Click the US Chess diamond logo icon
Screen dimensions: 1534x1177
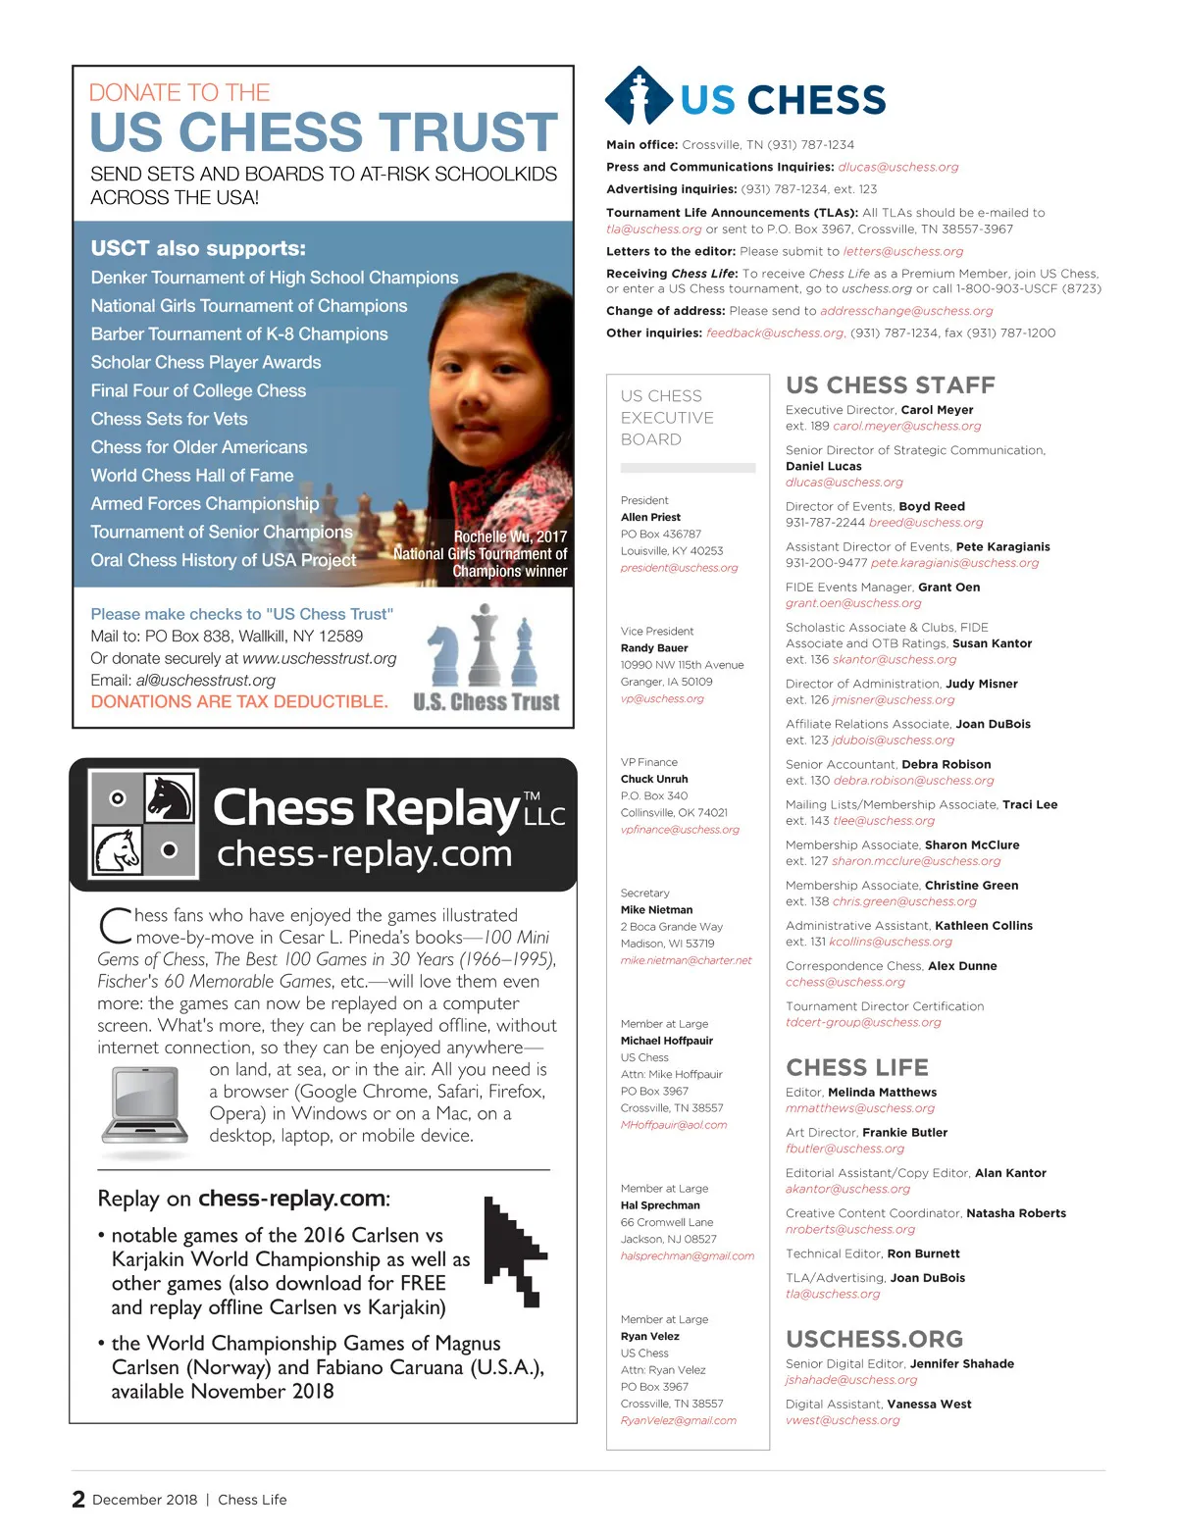pos(640,96)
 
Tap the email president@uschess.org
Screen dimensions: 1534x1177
pos(679,568)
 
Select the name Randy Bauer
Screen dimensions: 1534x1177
pos(654,648)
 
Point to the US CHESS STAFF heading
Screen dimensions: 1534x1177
pos(890,385)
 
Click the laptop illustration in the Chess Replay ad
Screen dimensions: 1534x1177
pos(145,1105)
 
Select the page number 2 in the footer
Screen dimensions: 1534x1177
pos(78,1500)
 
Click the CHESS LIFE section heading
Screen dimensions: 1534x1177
pos(856,1068)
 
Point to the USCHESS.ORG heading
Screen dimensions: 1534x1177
pos(874,1340)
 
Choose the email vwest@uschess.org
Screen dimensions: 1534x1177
pos(842,1420)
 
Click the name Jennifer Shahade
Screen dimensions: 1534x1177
pos(961,1364)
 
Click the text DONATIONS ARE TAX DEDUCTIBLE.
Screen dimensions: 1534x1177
pos(239,702)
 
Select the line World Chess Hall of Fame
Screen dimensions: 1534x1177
pos(192,476)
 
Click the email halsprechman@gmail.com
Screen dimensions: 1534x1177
pos(687,1256)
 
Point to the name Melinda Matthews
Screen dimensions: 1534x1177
pos(882,1093)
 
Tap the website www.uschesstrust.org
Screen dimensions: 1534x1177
pos(319,659)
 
